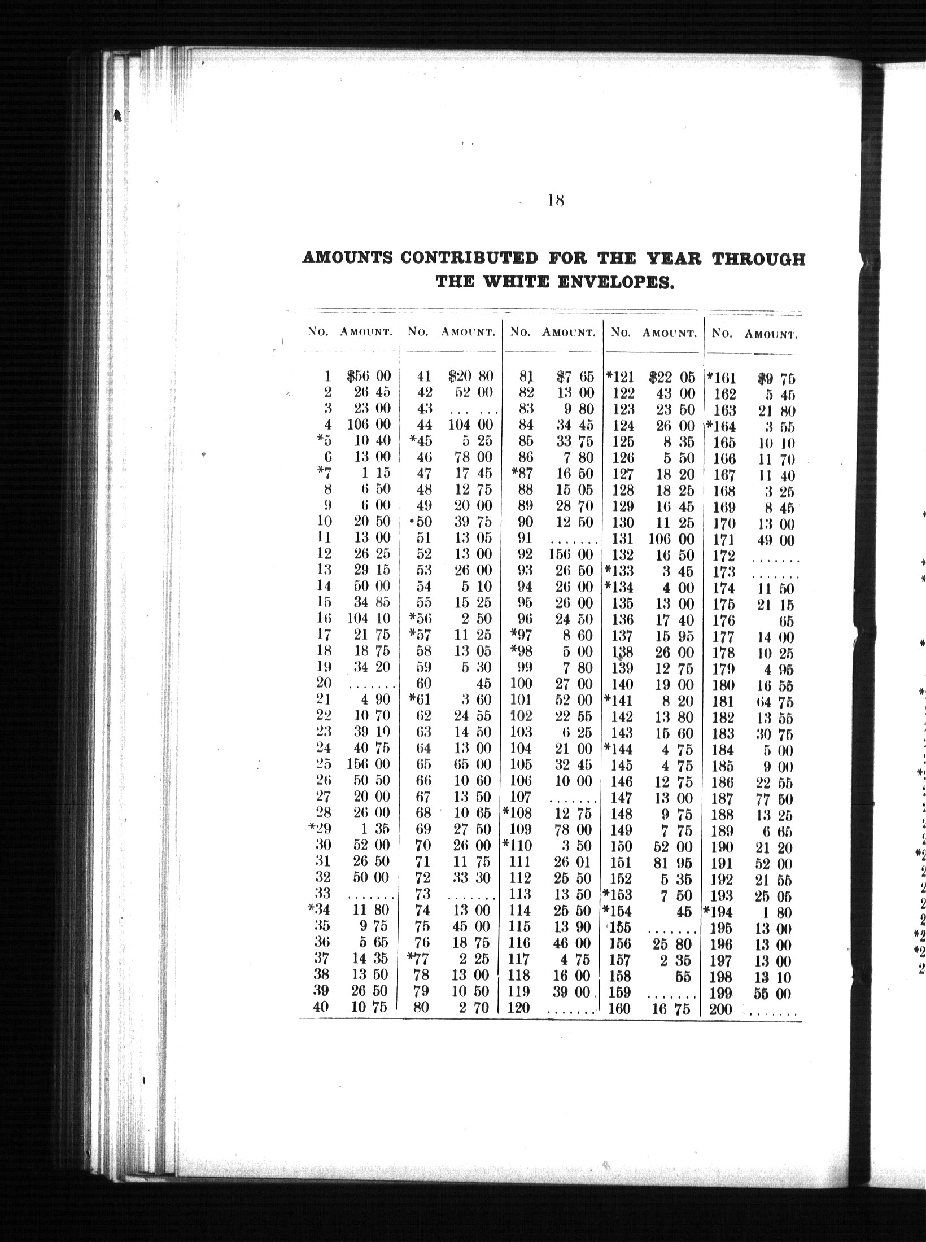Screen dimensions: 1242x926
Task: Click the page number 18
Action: click(x=556, y=200)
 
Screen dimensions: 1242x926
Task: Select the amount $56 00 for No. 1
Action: click(x=369, y=377)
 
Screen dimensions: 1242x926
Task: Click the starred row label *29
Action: click(x=320, y=828)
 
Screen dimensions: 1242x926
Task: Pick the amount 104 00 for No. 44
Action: click(x=470, y=425)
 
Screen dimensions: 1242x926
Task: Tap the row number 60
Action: click(x=423, y=684)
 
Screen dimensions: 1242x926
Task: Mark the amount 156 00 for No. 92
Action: click(x=570, y=554)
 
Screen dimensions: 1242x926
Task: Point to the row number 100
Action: click(x=521, y=684)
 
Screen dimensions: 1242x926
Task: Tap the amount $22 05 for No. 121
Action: click(x=672, y=377)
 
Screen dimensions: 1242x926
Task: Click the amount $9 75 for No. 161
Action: click(x=776, y=379)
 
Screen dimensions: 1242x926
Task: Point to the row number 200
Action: click(x=720, y=1009)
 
